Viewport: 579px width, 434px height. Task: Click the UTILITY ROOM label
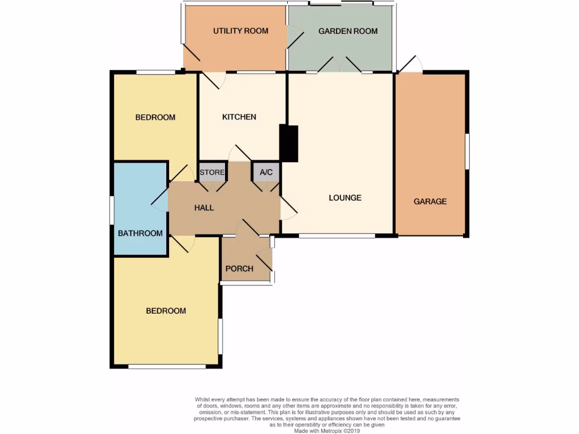[x=240, y=31]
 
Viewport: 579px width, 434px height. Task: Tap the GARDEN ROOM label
[x=348, y=31]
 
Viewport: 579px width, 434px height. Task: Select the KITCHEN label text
[x=239, y=117]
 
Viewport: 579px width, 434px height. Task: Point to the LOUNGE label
[x=345, y=198]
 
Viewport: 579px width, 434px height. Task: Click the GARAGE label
[x=430, y=201]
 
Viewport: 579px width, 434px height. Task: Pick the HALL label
[x=204, y=207]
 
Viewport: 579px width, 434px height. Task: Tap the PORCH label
[x=239, y=268]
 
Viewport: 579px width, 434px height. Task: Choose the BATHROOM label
[x=140, y=233]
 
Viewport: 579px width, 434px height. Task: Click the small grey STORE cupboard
[x=212, y=172]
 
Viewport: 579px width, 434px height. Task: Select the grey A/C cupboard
[x=266, y=172]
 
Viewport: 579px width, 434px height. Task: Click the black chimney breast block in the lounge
[x=289, y=144]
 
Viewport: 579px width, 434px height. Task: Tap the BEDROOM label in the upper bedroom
[x=155, y=118]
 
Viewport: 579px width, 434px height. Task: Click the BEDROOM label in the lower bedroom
[x=166, y=311]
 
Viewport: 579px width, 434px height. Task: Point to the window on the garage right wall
[x=467, y=151]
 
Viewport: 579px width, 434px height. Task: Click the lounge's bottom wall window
[x=336, y=236]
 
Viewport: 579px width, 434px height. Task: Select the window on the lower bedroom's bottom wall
[x=167, y=367]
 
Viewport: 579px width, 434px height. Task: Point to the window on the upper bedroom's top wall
[x=155, y=72]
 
